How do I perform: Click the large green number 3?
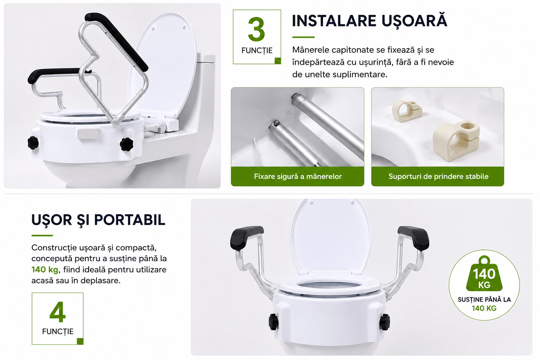click(x=257, y=29)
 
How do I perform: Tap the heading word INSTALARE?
click(x=334, y=21)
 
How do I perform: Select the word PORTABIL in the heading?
click(x=130, y=220)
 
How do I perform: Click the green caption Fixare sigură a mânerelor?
click(x=298, y=176)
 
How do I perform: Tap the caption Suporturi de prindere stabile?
click(x=438, y=176)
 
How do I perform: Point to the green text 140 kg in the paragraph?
click(x=45, y=269)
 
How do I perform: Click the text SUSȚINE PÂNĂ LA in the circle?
click(x=484, y=300)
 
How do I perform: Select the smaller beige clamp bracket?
click(x=407, y=111)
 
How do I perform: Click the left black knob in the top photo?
click(x=33, y=142)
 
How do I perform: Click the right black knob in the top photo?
click(x=126, y=144)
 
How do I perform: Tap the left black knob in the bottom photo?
click(x=274, y=322)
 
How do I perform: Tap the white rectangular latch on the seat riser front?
click(x=88, y=133)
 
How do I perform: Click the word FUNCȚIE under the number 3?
click(x=257, y=51)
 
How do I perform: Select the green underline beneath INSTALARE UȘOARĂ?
click(x=303, y=37)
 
